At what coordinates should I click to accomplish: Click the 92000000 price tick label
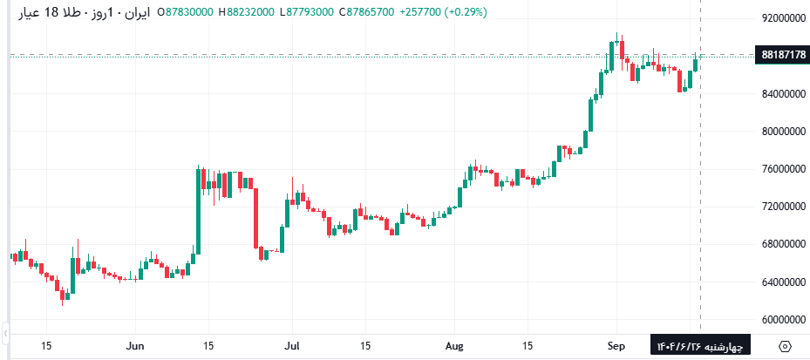(x=781, y=18)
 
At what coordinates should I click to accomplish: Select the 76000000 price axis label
(x=781, y=169)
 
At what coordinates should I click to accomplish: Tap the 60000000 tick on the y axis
(x=781, y=320)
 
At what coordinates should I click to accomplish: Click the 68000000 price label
(x=781, y=245)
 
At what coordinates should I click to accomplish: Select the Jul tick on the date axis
(x=293, y=345)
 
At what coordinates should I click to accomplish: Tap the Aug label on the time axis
(x=455, y=345)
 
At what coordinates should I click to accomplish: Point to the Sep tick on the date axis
(x=616, y=345)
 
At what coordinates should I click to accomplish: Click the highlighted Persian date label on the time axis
(x=699, y=346)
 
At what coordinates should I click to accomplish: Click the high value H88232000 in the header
(x=248, y=12)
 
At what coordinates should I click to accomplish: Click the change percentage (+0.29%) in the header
(x=463, y=12)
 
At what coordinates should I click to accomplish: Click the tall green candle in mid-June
(x=198, y=210)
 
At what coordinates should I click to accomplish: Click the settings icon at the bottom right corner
(x=786, y=346)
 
